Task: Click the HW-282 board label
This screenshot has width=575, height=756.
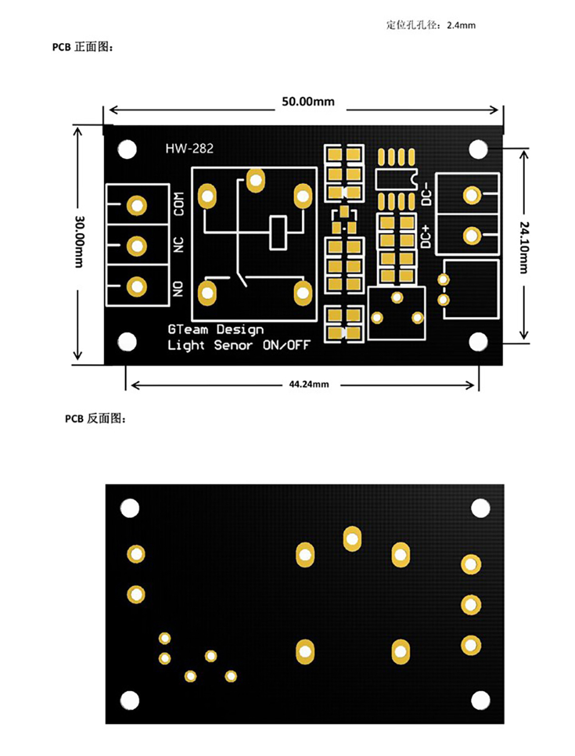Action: [x=189, y=148]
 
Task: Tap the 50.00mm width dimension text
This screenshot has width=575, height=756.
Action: [x=308, y=101]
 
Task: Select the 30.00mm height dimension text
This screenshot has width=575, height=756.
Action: [x=79, y=241]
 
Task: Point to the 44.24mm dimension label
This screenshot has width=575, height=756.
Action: [x=309, y=384]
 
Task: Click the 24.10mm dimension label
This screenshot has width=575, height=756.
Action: [x=524, y=247]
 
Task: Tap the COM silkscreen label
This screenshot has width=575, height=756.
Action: [x=179, y=204]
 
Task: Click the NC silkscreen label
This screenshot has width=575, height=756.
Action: [x=179, y=245]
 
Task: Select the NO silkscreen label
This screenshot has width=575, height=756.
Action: [x=178, y=289]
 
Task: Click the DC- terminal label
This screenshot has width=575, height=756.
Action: [x=426, y=194]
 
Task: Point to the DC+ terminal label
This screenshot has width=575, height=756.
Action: [x=426, y=236]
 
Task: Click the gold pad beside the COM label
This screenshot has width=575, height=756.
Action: [x=137, y=206]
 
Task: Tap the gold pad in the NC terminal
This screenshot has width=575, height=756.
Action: [x=137, y=246]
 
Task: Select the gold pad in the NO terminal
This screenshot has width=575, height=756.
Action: [x=137, y=286]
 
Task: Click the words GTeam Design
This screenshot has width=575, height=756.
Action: [x=216, y=330]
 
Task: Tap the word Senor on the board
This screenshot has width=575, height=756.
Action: [x=233, y=345]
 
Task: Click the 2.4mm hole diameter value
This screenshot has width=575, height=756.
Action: [x=461, y=25]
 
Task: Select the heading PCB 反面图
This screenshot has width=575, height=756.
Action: [x=96, y=418]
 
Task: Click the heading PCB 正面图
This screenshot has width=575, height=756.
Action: [x=82, y=47]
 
